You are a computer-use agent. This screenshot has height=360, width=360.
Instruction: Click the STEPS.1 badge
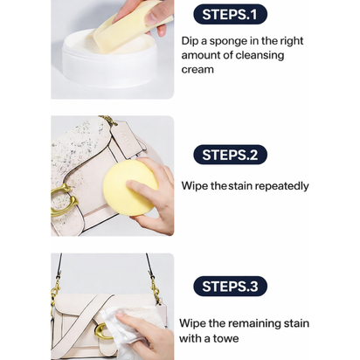229,14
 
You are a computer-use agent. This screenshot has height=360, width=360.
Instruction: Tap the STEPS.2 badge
229,155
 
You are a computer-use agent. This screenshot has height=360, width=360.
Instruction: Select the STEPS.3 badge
229,286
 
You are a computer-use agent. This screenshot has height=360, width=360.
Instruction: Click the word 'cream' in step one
197,69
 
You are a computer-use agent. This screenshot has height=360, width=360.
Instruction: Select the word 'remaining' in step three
258,323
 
